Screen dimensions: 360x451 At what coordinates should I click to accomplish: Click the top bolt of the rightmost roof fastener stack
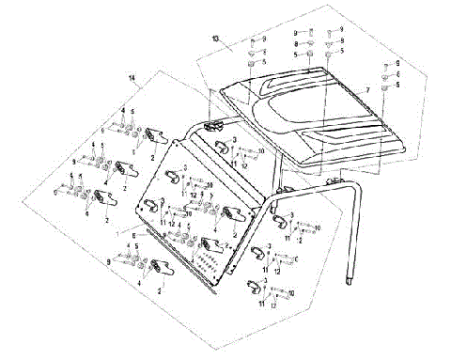coord(385,65)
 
